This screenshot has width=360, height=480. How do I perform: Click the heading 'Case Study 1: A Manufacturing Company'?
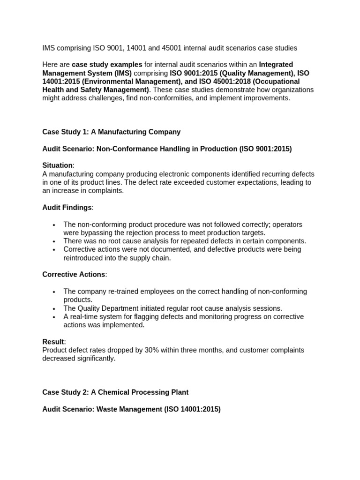click(111, 132)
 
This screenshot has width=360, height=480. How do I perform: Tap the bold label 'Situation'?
click(57, 165)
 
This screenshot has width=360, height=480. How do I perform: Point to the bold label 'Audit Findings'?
click(67, 208)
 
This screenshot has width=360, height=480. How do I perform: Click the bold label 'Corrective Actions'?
click(74, 275)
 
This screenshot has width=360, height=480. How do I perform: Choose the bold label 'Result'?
click(53, 342)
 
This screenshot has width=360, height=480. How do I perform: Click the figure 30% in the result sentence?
click(141, 350)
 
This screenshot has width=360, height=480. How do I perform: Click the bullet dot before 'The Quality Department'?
click(54, 309)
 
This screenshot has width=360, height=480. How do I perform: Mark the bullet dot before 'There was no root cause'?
click(54, 241)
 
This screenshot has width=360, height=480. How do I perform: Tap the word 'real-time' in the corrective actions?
click(85, 317)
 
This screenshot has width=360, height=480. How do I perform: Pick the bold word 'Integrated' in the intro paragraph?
click(276, 65)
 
